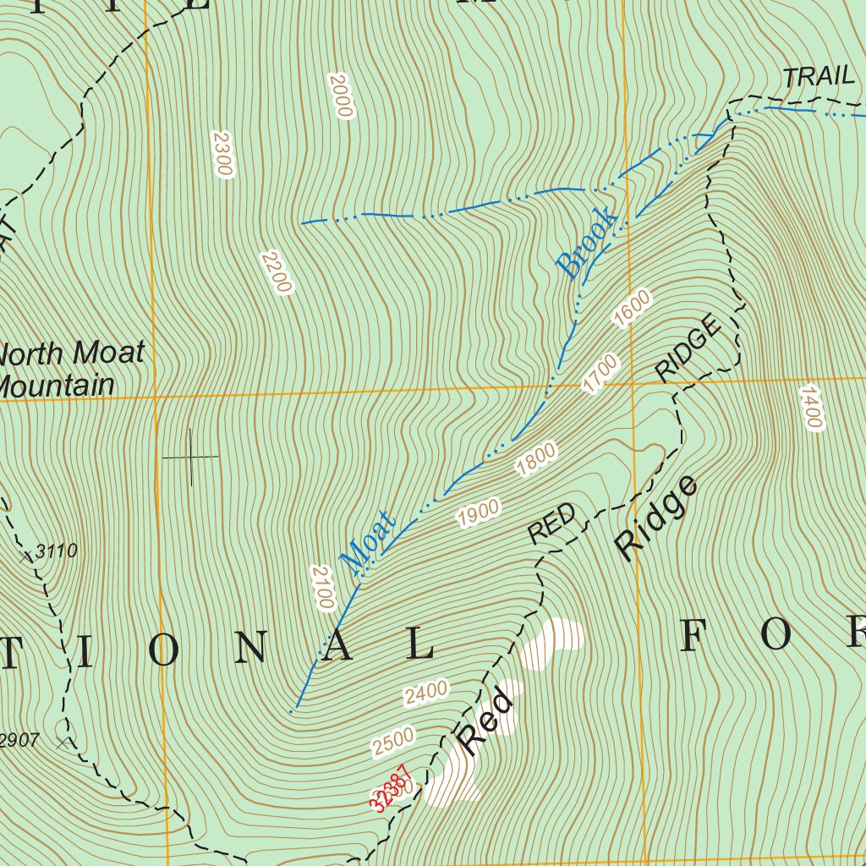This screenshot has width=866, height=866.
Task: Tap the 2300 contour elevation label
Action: coord(222,153)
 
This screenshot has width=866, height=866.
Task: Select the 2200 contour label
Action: coord(277,272)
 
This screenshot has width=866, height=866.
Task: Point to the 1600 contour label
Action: coord(633,309)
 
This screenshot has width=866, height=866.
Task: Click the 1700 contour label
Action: coord(600,373)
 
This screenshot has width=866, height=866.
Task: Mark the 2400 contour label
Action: coord(425,693)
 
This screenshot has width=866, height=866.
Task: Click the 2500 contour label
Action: coord(394,741)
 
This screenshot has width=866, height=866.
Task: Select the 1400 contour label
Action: coord(810,408)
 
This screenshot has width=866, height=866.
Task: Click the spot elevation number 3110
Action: coord(57,552)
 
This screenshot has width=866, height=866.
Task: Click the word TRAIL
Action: coord(819,76)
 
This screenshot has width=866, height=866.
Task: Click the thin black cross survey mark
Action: coord(190,457)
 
